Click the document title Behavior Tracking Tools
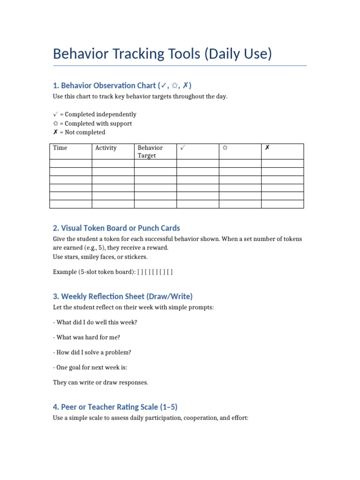162,54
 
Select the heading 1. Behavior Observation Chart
122,85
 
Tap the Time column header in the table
60,148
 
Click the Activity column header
106,148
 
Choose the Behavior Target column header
150,151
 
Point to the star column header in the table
225,148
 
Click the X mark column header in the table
267,148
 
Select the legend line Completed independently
95,114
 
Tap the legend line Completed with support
92,123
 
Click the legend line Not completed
79,132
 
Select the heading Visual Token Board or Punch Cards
116,228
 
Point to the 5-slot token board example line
113,271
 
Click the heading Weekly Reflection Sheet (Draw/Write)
123,296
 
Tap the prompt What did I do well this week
95,322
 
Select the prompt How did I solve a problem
92,352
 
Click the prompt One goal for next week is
90,367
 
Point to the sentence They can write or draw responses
100,382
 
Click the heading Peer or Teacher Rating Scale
115,407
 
